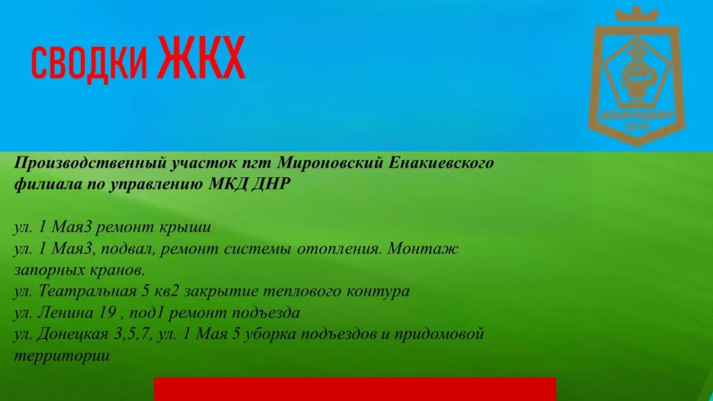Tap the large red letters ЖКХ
tap(201, 57)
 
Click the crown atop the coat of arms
tap(636, 14)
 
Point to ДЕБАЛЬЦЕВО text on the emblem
tap(637, 115)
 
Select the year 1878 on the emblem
tap(637, 127)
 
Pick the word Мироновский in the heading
tap(329, 163)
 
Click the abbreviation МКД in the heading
tap(227, 184)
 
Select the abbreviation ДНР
tap(271, 184)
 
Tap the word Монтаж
tap(422, 248)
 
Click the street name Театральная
tap(87, 292)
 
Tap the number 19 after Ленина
tap(108, 313)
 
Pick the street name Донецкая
tap(72, 334)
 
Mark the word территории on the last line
tap(62, 356)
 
